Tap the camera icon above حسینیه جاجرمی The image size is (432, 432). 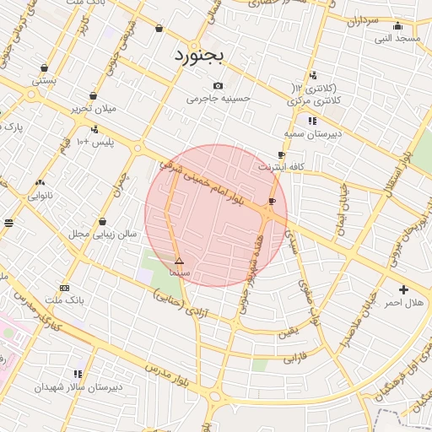tap(219, 85)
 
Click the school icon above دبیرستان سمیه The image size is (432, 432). tap(313, 120)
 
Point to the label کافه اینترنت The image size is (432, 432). tap(281, 167)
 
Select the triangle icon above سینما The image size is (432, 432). tap(178, 262)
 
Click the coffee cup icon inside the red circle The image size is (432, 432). tap(271, 201)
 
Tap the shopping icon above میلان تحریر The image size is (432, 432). tap(91, 95)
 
